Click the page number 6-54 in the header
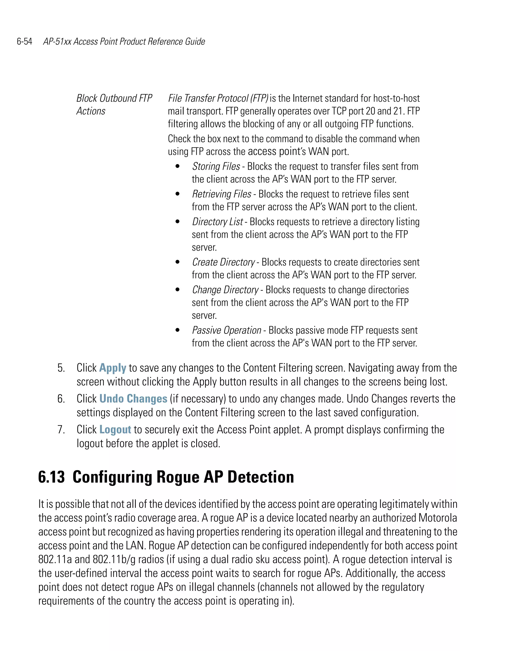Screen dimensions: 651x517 click(x=24, y=41)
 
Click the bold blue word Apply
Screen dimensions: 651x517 click(x=112, y=368)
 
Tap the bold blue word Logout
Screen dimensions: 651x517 click(x=115, y=429)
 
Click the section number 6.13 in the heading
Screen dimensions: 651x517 click(x=51, y=477)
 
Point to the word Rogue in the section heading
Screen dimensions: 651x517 click(x=177, y=477)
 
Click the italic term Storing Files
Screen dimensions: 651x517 click(x=216, y=166)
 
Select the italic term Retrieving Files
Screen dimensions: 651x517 click(x=222, y=194)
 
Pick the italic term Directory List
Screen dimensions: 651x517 click(x=217, y=222)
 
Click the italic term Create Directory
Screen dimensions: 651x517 click(x=223, y=262)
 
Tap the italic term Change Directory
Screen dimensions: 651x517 click(x=225, y=290)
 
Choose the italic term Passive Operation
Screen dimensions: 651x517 click(x=226, y=330)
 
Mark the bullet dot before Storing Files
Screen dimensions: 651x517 click(x=177, y=166)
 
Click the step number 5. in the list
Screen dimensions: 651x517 click(x=61, y=368)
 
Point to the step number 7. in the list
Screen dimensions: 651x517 click(x=61, y=429)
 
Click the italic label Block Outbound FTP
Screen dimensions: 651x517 click(x=114, y=98)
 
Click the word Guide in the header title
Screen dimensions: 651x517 click(x=195, y=41)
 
